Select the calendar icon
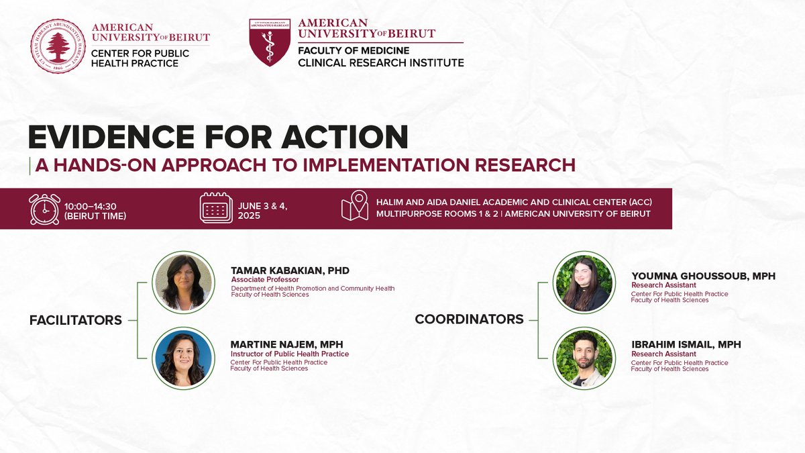point(217,209)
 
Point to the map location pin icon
point(354,207)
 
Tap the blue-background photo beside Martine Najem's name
point(182,358)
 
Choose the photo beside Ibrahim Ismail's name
point(582,358)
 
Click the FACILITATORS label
point(76,320)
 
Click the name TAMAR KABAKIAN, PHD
point(290,270)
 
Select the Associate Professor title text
point(264,280)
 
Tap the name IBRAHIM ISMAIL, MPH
point(686,344)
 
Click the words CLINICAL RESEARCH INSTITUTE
point(381,63)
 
